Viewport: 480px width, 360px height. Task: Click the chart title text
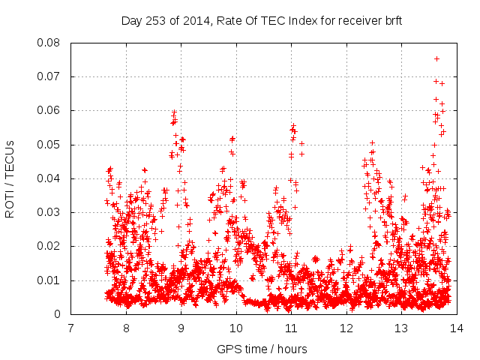pyautogui.click(x=262, y=21)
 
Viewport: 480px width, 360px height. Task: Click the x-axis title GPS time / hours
pyautogui.click(x=262, y=349)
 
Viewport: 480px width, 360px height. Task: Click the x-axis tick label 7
pyautogui.click(x=71, y=328)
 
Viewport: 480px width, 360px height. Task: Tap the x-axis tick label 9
pyautogui.click(x=181, y=328)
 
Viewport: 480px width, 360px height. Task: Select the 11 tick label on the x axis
pyautogui.click(x=291, y=328)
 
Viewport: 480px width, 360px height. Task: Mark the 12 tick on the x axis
pyautogui.click(x=346, y=328)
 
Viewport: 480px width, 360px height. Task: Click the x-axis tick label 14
pyautogui.click(x=456, y=328)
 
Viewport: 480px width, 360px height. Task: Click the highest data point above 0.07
pyautogui.click(x=436, y=58)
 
